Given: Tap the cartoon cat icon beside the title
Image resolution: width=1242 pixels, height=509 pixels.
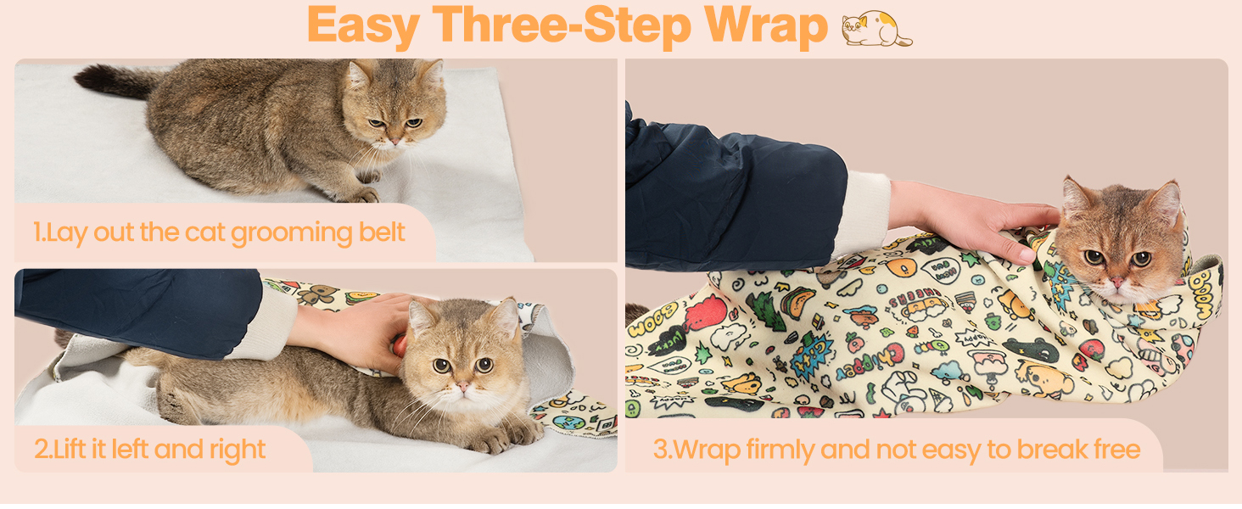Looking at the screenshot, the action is (876, 28).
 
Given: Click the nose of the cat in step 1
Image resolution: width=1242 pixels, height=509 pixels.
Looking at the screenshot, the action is (394, 142).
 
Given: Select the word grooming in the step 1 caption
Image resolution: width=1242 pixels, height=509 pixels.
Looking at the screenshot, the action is (291, 233).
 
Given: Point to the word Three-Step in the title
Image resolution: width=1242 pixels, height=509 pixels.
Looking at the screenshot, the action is (562, 26).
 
